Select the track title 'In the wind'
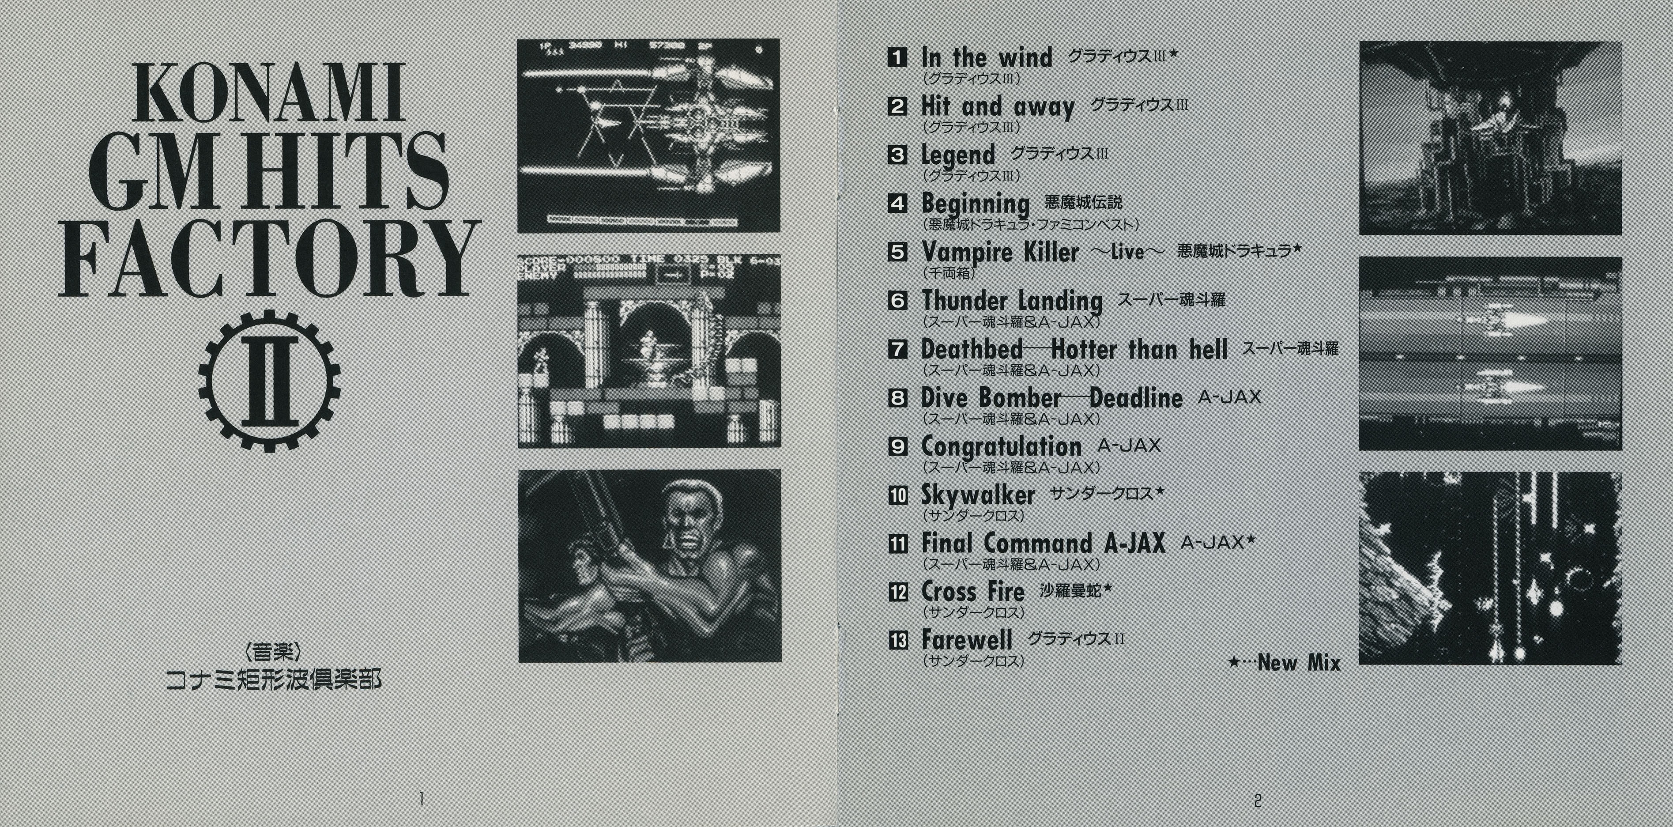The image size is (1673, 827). [x=987, y=57]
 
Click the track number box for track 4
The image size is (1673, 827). [x=897, y=204]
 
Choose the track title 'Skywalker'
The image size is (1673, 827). [x=978, y=495]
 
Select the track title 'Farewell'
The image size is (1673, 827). [x=966, y=641]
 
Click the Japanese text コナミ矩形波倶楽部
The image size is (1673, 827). [x=273, y=680]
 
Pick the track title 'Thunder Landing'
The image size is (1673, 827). [x=1012, y=301]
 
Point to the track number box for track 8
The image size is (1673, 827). [x=897, y=397]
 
